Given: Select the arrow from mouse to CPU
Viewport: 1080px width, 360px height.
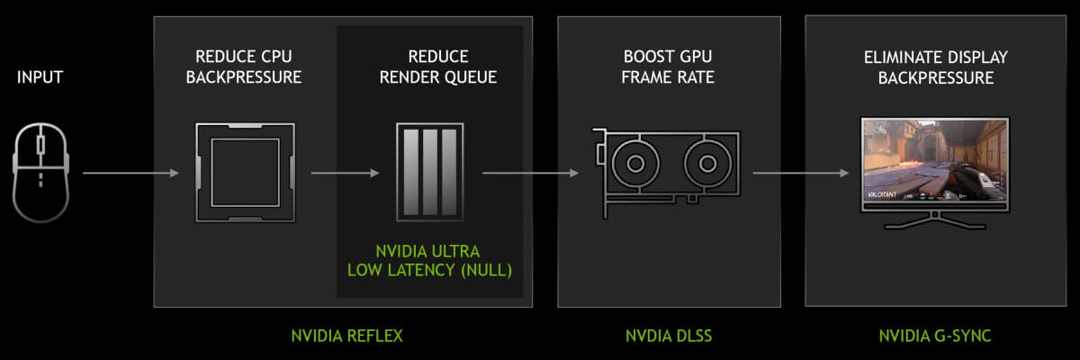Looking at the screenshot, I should tap(130, 172).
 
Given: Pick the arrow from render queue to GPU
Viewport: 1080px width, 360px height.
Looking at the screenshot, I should tap(531, 172).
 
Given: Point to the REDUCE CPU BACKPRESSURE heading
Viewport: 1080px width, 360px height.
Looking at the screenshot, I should tap(243, 67).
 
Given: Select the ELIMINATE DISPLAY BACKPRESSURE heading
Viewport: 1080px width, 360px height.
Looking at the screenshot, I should tap(935, 67).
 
